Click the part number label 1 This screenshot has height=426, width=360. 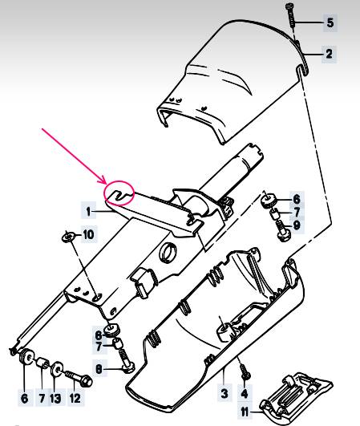tap(88, 211)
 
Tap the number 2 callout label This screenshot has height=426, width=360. tap(329, 54)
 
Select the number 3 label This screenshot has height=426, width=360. tap(224, 393)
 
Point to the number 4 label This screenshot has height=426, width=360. tap(245, 393)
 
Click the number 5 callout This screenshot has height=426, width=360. tap(330, 22)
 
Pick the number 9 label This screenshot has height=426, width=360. tap(297, 225)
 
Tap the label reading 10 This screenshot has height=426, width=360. tap(88, 234)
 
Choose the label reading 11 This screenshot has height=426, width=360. tap(245, 412)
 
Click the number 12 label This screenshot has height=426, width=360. tap(75, 399)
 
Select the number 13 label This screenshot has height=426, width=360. tap(55, 399)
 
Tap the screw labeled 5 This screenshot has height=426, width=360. tap(291, 15)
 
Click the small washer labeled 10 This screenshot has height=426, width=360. tap(68, 237)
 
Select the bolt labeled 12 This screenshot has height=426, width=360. tap(79, 378)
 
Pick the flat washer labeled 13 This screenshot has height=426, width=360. tap(57, 369)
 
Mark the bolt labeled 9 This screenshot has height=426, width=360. tap(282, 230)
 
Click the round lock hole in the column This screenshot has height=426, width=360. tap(168, 252)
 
